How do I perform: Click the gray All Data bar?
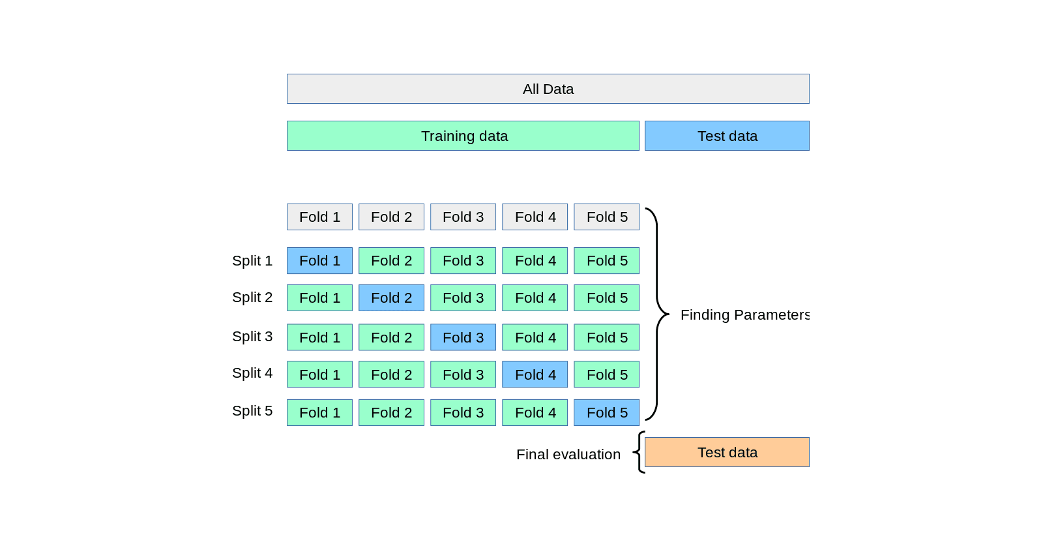point(548,89)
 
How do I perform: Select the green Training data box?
point(463,136)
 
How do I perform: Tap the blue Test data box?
point(727,136)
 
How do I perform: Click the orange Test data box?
point(727,452)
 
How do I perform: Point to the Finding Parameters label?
point(744,314)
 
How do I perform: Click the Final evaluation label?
point(568,454)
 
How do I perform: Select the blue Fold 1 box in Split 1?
point(319,260)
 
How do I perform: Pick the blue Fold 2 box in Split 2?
point(391,297)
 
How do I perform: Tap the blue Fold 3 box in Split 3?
point(463,337)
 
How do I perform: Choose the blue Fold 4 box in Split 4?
point(535,374)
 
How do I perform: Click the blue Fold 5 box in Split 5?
point(606,412)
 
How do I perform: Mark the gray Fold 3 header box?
point(463,217)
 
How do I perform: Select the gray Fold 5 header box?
point(606,217)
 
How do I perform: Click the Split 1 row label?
point(252,260)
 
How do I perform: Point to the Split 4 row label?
point(252,373)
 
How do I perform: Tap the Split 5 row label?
point(252,410)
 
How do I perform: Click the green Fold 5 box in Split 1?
point(606,260)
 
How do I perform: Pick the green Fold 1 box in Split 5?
point(319,412)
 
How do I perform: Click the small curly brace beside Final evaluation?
point(639,452)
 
